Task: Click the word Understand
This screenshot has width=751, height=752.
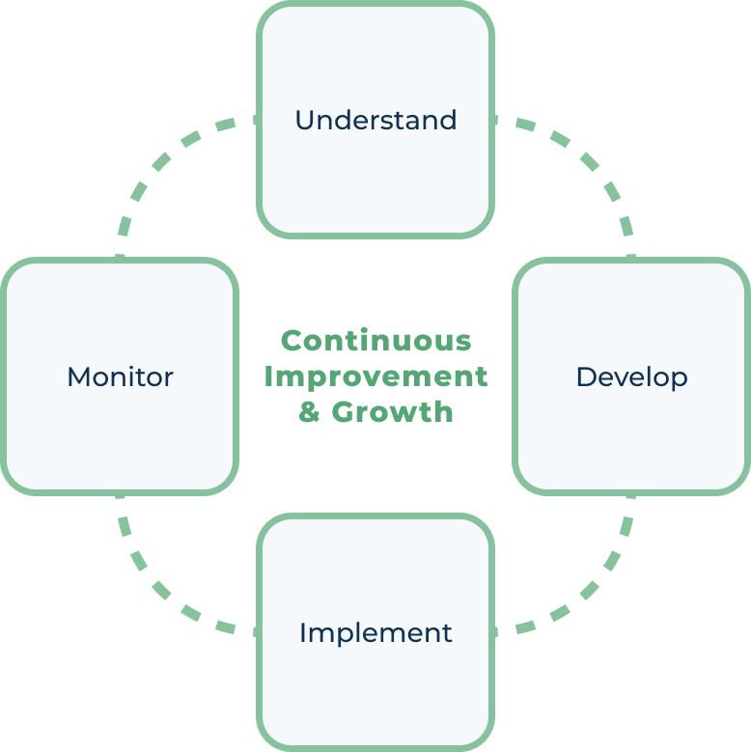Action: (375, 121)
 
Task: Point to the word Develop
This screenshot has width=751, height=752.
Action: (631, 377)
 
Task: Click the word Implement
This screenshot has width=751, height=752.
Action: (375, 633)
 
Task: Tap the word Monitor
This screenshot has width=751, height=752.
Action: (120, 376)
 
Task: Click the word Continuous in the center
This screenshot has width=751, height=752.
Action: (375, 341)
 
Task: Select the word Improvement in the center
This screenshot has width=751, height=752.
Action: (375, 376)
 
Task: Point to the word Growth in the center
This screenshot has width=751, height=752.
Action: (393, 412)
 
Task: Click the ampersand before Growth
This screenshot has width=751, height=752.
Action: (309, 412)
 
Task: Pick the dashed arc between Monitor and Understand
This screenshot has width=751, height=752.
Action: (165, 159)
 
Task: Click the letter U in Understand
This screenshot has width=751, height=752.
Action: (304, 121)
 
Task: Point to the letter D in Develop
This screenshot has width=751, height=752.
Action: (585, 376)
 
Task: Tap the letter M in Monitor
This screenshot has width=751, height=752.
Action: (78, 376)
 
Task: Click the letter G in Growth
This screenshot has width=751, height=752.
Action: (344, 412)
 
